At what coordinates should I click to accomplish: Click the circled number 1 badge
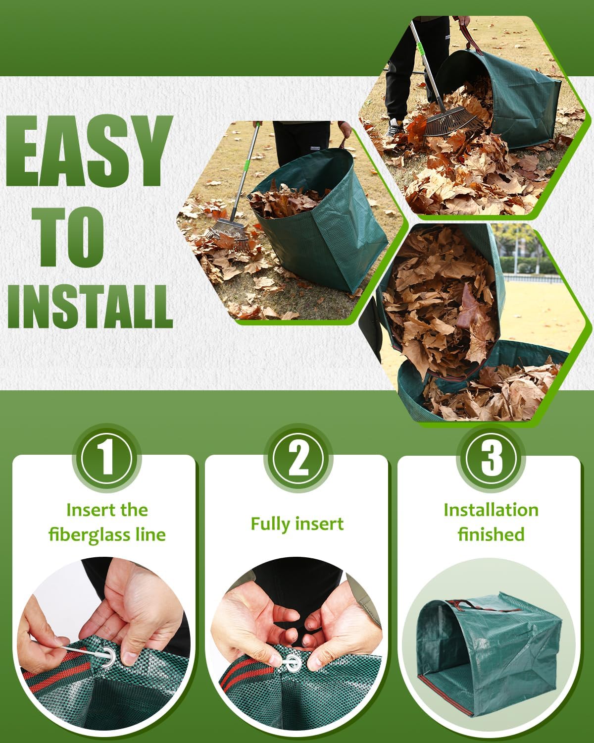pos(106,459)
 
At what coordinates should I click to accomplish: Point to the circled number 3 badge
pos(491,459)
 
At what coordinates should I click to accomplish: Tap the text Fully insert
pos(297,524)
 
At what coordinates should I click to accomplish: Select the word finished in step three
pos(491,534)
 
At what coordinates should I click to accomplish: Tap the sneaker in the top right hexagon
pos(394,130)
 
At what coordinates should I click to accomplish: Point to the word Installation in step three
pos(491,510)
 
